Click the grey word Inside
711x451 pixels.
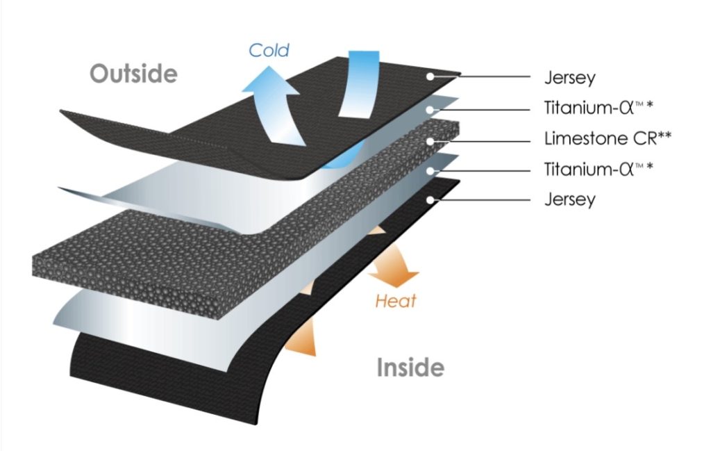click(410, 367)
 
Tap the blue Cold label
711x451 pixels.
click(269, 50)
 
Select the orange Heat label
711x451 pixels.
click(396, 301)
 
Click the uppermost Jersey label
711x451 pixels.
click(570, 78)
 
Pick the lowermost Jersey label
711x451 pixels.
click(570, 199)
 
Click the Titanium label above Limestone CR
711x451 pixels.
click(597, 108)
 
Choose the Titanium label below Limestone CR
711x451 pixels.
click(597, 169)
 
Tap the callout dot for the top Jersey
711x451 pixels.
click(431, 76)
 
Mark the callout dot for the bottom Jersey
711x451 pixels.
click(431, 199)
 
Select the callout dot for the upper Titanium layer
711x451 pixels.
click(431, 108)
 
